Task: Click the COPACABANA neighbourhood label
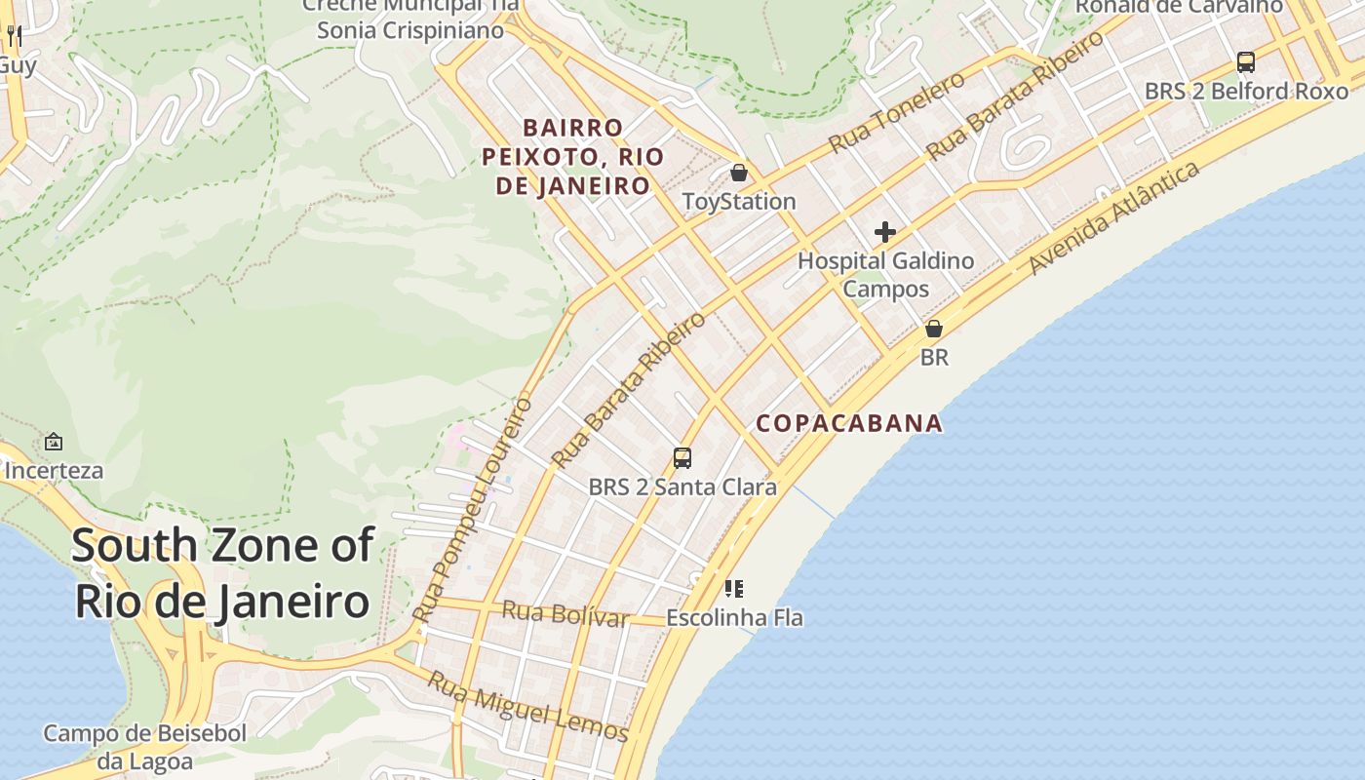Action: pos(849,423)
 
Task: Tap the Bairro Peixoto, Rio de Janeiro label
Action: pos(573,157)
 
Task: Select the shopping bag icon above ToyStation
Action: pos(739,174)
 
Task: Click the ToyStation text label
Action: pos(739,202)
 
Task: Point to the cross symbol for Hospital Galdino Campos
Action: pos(885,232)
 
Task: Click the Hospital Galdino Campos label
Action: pos(885,275)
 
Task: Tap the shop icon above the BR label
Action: pos(934,330)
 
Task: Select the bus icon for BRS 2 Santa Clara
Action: pos(682,457)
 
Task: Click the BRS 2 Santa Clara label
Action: pos(682,487)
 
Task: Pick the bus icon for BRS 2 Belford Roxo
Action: pos(1245,62)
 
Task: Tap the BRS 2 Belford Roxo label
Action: pos(1246,92)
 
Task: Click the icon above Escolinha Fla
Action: pos(734,589)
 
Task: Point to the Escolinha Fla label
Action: pos(734,617)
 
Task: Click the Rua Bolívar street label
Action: pos(565,614)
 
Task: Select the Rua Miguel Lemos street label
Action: pos(528,707)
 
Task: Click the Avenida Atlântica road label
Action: pos(1113,218)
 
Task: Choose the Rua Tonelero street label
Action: pos(897,112)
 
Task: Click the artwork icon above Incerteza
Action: pos(54,442)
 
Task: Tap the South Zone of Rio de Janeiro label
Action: pos(222,573)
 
